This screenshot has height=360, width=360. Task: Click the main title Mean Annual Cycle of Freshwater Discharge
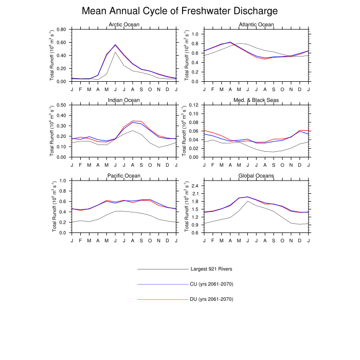(x=180, y=11)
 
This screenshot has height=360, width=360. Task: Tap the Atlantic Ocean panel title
(x=257, y=25)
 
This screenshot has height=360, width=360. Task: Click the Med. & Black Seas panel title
(x=257, y=100)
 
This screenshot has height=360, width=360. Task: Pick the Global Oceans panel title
(x=257, y=175)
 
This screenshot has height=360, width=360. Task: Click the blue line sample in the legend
(x=163, y=284)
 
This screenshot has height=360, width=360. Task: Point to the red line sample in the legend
(x=163, y=299)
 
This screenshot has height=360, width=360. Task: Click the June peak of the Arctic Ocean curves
(x=115, y=45)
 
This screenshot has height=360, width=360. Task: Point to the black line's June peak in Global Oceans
(x=248, y=201)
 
